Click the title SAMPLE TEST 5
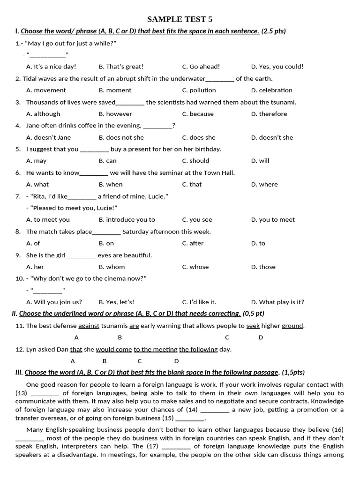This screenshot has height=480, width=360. pos(180,19)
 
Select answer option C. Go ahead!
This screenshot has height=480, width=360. pos(201,67)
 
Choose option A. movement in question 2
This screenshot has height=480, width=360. pos(46,90)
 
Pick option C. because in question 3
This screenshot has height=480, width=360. pos(197,114)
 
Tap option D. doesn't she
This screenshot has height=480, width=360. pos(272,137)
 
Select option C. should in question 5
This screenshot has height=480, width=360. pos(195,161)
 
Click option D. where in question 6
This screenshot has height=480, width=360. pos(264,184)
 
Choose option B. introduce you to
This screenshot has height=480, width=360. pos(127,219)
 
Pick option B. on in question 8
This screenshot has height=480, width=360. pos(106,243)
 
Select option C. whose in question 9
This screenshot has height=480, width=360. pos(195,267)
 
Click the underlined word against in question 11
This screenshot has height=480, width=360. pos(89,326)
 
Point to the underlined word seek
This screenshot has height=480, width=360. pos(253,326)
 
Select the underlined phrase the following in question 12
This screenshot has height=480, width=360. pos(198,349)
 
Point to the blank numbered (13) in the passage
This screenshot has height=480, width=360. pos(45,393)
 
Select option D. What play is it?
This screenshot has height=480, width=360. pos(277,302)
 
